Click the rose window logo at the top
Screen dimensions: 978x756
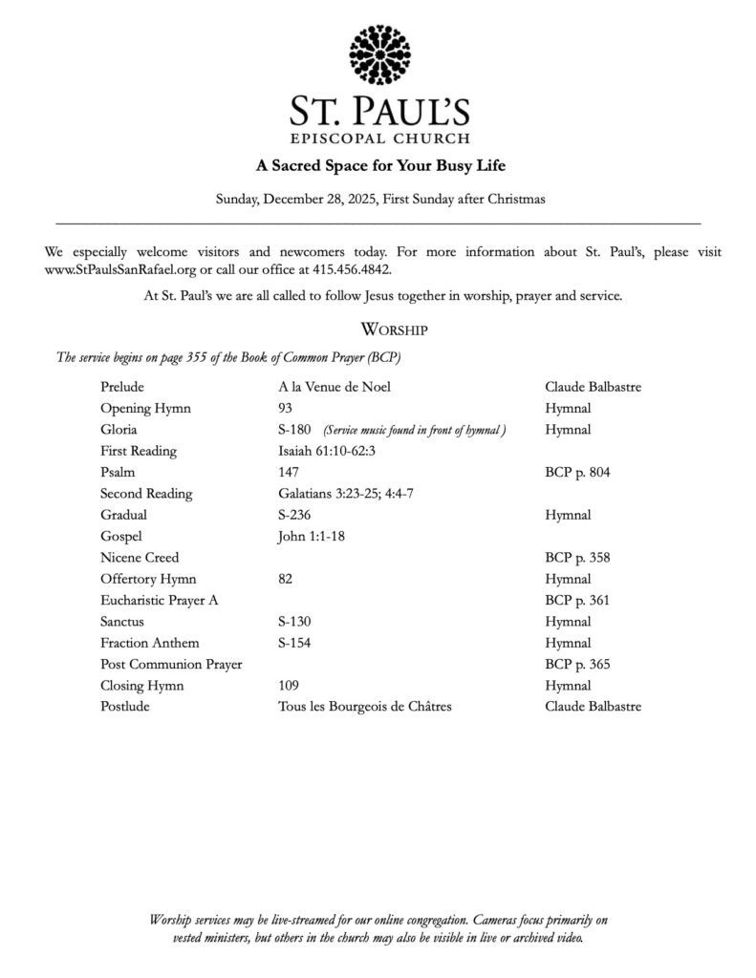tap(379, 55)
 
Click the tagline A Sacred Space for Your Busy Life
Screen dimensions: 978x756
tap(379, 165)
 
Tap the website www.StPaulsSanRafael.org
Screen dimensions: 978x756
tap(120, 270)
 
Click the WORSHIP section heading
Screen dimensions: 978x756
tap(394, 330)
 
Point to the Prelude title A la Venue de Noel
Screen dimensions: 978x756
tap(334, 387)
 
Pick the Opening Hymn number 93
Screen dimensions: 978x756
tap(285, 408)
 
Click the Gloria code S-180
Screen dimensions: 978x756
tap(294, 430)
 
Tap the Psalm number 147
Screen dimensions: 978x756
tap(289, 472)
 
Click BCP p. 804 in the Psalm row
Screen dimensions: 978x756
tap(577, 472)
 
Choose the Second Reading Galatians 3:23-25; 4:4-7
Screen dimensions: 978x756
tap(345, 494)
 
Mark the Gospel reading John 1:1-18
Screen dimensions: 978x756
tap(311, 536)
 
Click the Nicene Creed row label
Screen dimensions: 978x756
tap(140, 557)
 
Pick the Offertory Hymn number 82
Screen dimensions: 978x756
tap(285, 579)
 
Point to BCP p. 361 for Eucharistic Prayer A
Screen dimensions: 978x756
tap(577, 600)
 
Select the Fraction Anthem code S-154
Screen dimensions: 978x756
tap(294, 643)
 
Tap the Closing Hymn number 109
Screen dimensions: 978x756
tap(289, 685)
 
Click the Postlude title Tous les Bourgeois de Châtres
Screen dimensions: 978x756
tap(364, 707)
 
